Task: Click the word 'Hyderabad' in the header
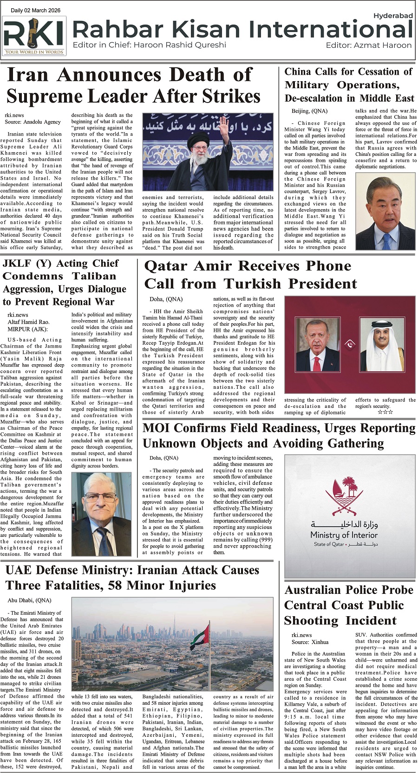pos(392,16)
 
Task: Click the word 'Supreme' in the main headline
pos(46,97)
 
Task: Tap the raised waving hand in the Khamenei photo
pos(224,126)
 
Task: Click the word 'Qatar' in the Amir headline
pos(166,266)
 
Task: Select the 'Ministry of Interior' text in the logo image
pos(344,535)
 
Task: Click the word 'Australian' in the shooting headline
pos(314,590)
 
